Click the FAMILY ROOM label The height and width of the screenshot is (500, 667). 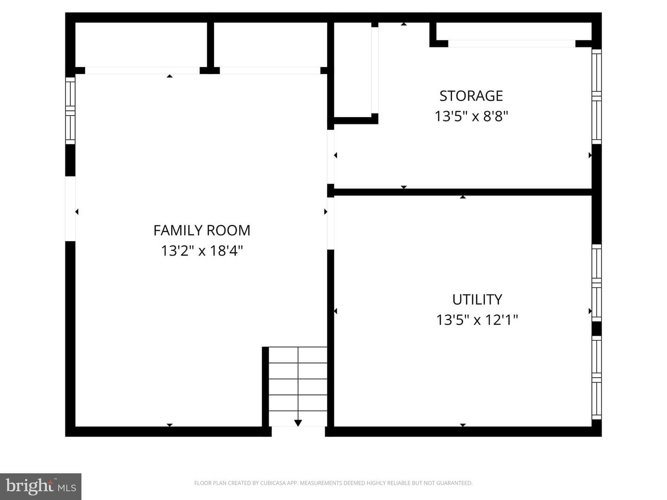point(202,231)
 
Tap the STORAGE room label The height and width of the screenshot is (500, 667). point(471,96)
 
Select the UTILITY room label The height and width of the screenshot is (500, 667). point(477,300)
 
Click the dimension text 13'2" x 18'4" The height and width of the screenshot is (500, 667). point(202,251)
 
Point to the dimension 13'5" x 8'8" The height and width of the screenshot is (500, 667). point(472,116)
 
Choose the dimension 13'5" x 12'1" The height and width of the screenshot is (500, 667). point(477,320)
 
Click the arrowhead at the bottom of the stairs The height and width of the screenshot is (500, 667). point(298,423)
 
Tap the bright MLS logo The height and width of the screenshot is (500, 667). point(41,486)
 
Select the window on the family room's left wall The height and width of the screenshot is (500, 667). point(70,111)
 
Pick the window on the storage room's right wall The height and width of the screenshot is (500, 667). point(597,97)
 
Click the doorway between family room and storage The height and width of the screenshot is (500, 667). point(331,156)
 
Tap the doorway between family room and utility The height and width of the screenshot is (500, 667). point(331,224)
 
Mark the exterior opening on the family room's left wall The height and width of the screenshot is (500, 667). point(70,208)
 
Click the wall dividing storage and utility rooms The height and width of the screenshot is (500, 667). point(462,192)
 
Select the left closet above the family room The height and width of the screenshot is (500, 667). point(141,44)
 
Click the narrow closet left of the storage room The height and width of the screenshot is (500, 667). point(352,69)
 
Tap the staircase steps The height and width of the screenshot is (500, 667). point(298,386)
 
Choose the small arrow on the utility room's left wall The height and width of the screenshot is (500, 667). point(335,311)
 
